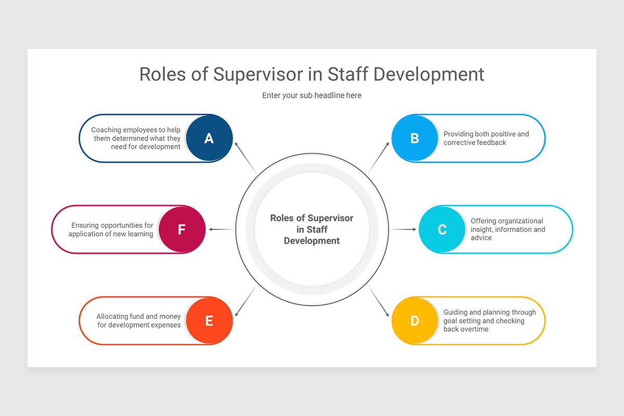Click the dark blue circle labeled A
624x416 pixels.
(209, 138)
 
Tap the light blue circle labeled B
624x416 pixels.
(414, 138)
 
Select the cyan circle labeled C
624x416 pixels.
(442, 229)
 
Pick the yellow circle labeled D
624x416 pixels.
(414, 321)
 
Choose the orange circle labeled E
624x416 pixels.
(209, 321)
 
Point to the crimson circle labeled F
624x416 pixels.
(181, 229)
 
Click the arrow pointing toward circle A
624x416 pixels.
(245, 157)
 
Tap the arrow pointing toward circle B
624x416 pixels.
(379, 157)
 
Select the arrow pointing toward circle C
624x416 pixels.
(404, 229)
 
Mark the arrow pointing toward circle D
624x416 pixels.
(379, 302)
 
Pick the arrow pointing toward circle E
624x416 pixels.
(245, 302)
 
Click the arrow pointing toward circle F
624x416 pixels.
(220, 229)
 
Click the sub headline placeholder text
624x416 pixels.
(311, 95)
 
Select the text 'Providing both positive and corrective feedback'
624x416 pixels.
(486, 138)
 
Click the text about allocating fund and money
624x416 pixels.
(138, 321)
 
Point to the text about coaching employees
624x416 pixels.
(136, 138)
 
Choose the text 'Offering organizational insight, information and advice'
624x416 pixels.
(508, 229)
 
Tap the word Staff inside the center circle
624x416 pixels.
(317, 229)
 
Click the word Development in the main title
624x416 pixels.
(428, 74)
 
